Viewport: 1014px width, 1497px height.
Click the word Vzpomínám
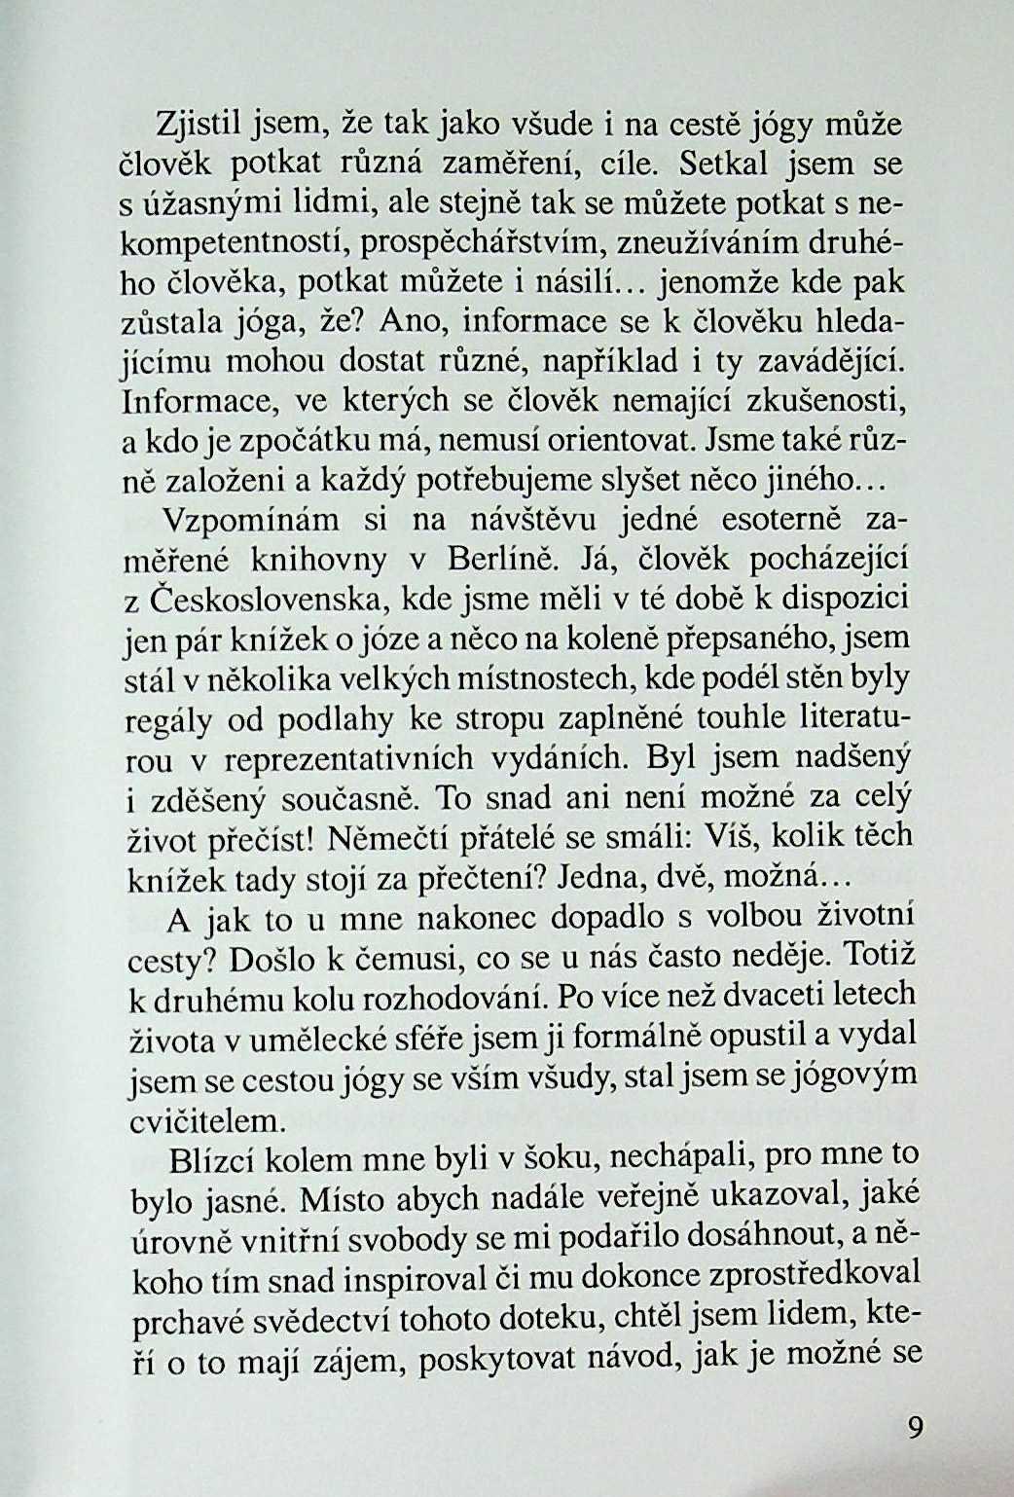pos(249,520)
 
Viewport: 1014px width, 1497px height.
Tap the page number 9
pos(914,1428)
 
